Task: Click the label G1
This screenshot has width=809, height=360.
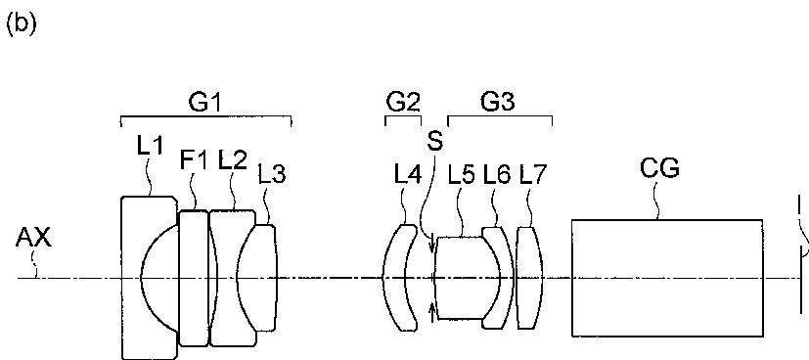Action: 205,103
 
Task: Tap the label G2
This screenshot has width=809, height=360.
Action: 403,103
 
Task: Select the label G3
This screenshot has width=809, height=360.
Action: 497,102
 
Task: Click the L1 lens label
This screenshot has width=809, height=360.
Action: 150,147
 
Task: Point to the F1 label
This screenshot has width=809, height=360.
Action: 193,159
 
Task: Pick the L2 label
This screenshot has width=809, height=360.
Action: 232,159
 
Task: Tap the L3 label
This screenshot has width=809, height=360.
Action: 271,175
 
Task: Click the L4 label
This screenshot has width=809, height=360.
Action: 408,175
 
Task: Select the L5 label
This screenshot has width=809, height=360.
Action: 461,175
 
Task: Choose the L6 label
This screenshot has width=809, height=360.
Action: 497,175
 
